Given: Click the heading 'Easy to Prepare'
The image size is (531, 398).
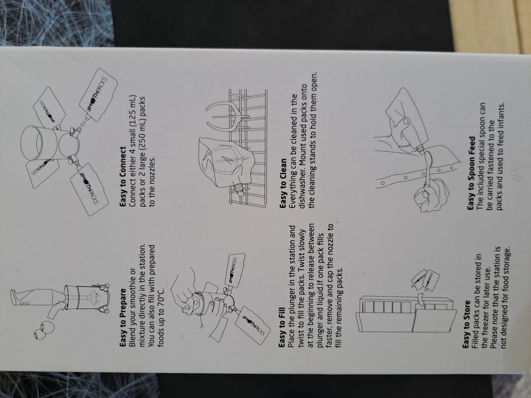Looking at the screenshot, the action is tap(123, 317).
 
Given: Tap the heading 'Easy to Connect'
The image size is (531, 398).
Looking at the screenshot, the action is tap(123, 176).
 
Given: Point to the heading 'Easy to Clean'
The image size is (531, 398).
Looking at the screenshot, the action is tap(283, 183).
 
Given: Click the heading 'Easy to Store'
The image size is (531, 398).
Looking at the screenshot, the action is tap(467, 324).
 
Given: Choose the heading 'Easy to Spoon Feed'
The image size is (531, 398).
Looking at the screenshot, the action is tap(471, 173).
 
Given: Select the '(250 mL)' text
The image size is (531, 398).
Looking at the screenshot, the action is tap(142, 117).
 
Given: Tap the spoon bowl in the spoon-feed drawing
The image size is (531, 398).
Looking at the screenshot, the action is tap(428, 158).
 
